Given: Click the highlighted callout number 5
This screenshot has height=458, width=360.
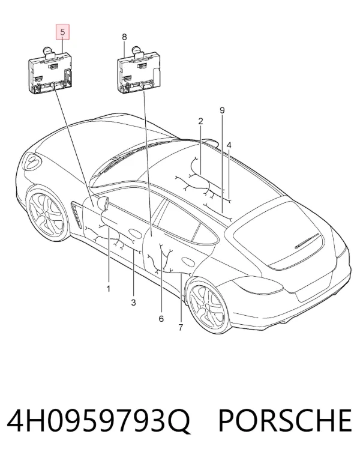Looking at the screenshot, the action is click(63, 32).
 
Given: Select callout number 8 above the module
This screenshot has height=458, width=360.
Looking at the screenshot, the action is click(124, 37).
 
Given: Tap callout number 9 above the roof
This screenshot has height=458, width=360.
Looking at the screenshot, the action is click(222, 110).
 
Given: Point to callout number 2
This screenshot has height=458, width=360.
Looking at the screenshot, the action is click(200, 121).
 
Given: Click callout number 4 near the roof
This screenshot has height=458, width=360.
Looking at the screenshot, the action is click(229, 145).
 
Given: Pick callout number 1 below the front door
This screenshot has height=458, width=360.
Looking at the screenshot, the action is click(109, 289).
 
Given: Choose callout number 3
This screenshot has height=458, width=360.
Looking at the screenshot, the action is click(133, 303).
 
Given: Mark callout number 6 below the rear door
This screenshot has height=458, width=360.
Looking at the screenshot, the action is click(161, 318).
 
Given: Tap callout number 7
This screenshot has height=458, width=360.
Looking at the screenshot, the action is click(181, 327).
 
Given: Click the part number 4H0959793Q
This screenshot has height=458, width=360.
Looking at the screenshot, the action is click(98, 421).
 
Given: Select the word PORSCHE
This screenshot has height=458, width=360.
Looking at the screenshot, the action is click(284, 421).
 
